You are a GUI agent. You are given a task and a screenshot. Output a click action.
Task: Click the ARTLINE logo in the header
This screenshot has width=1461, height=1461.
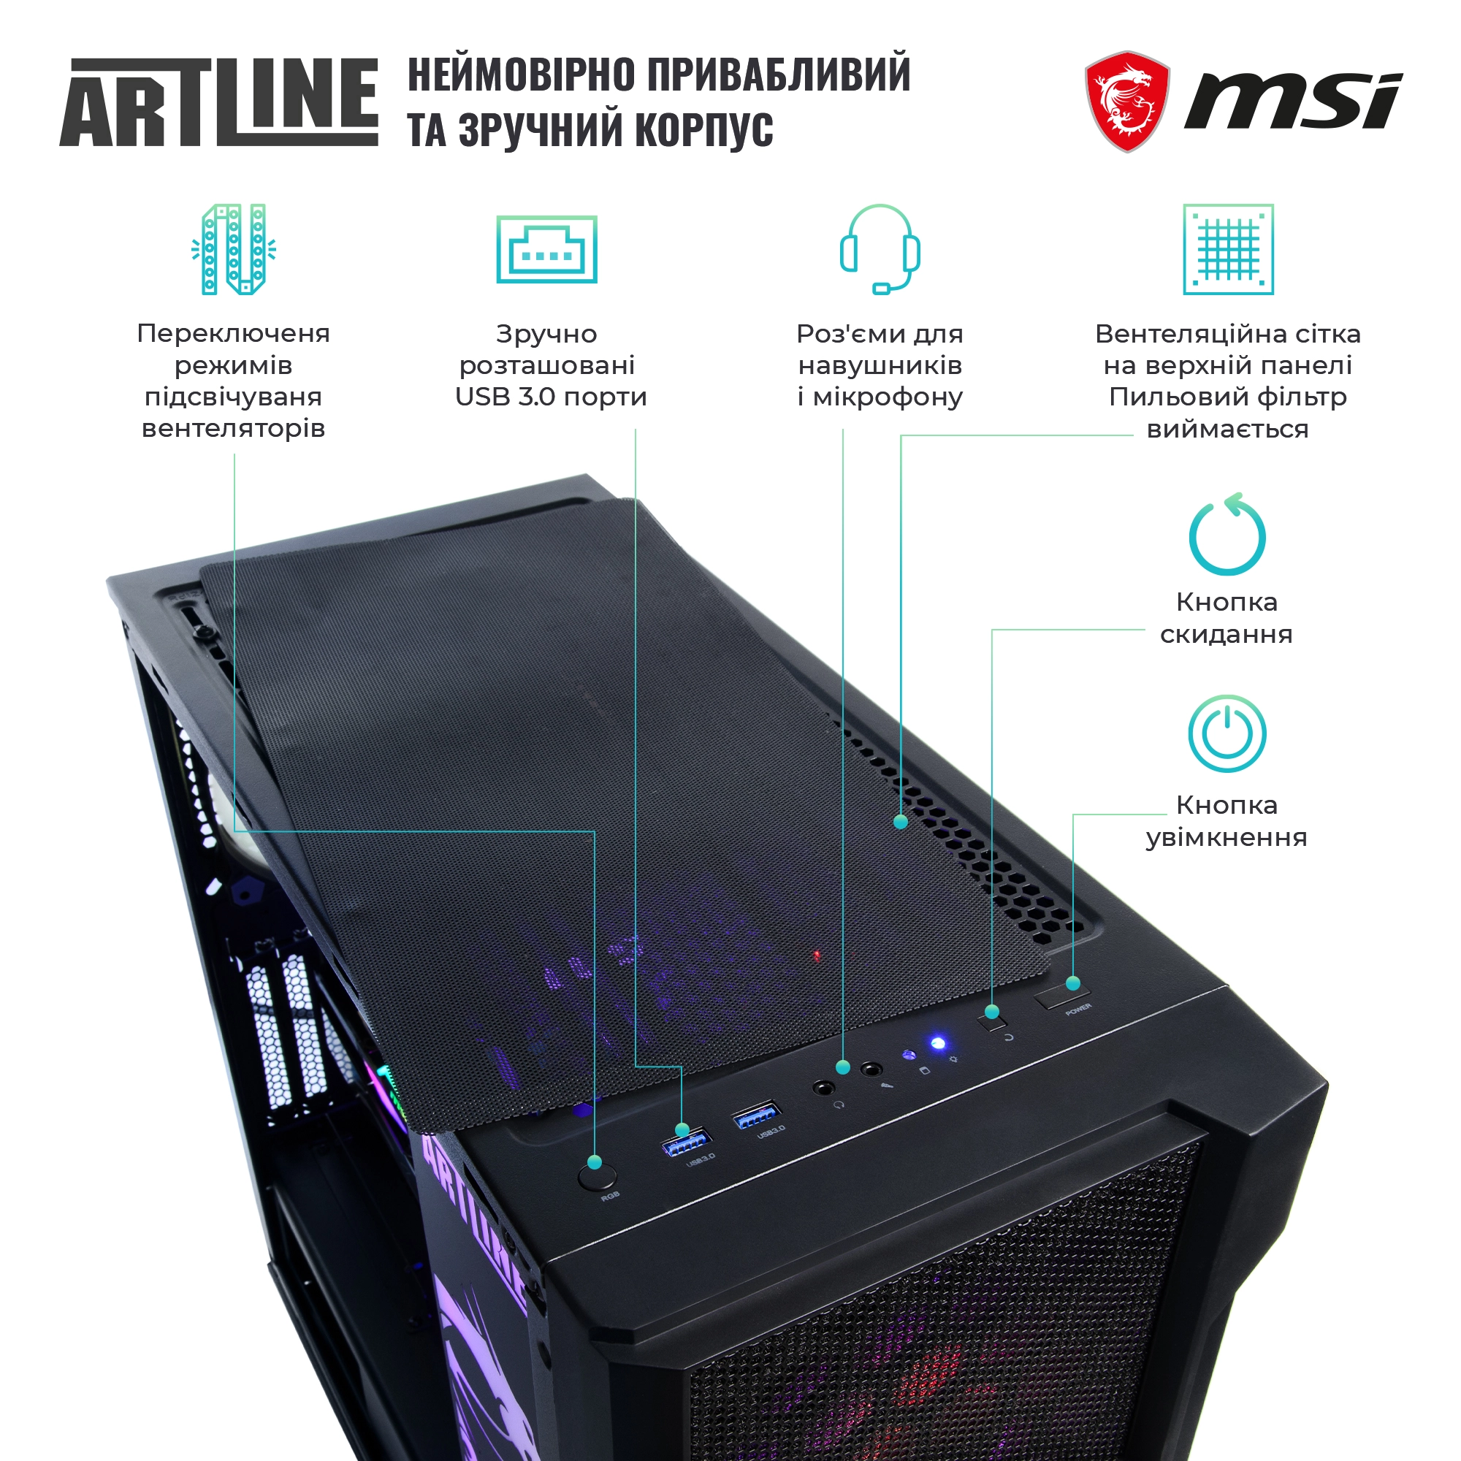[x=218, y=102]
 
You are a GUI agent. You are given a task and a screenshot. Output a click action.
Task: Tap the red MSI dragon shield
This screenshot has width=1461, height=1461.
[x=1126, y=102]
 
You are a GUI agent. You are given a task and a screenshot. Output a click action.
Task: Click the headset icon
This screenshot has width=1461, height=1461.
[x=880, y=249]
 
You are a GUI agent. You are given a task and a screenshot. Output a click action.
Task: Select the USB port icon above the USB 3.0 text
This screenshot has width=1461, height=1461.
[x=546, y=249]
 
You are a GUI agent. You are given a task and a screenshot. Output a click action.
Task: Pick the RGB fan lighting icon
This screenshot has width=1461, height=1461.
[x=234, y=249]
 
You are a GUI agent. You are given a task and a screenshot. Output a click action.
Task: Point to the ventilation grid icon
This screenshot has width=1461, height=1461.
[x=1227, y=249]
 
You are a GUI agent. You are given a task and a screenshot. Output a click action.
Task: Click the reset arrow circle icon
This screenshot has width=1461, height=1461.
[x=1227, y=535]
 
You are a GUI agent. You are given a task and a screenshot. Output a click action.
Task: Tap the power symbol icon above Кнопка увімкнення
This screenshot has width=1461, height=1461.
[x=1227, y=733]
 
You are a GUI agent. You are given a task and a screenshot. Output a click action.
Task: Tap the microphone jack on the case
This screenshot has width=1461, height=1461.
[x=872, y=1070]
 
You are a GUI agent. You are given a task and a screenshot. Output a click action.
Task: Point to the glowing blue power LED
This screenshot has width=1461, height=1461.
[x=938, y=1044]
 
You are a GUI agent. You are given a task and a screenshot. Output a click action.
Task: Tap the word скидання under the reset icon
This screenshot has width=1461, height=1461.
[x=1226, y=635]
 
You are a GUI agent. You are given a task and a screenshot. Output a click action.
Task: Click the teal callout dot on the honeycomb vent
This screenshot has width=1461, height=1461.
[x=901, y=821]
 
